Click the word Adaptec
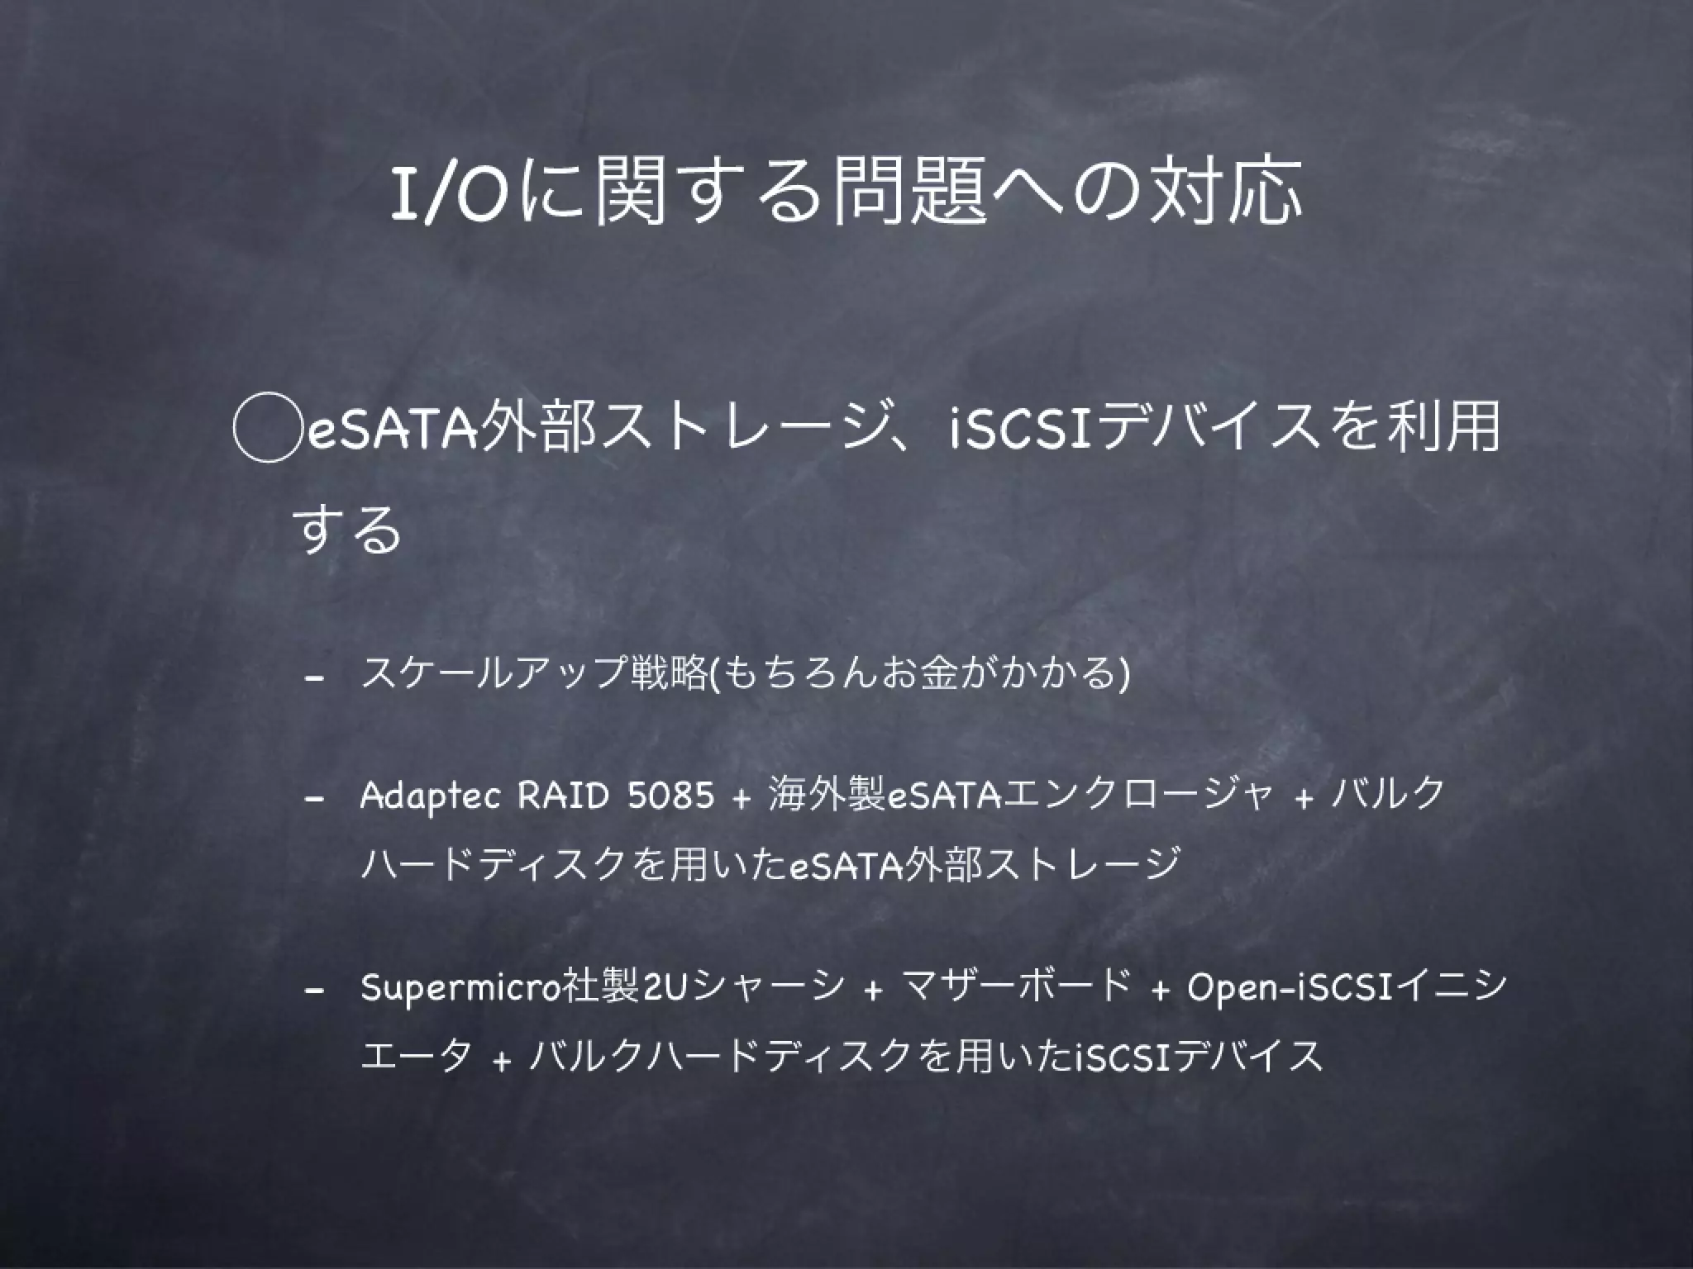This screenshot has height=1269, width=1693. coord(430,796)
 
